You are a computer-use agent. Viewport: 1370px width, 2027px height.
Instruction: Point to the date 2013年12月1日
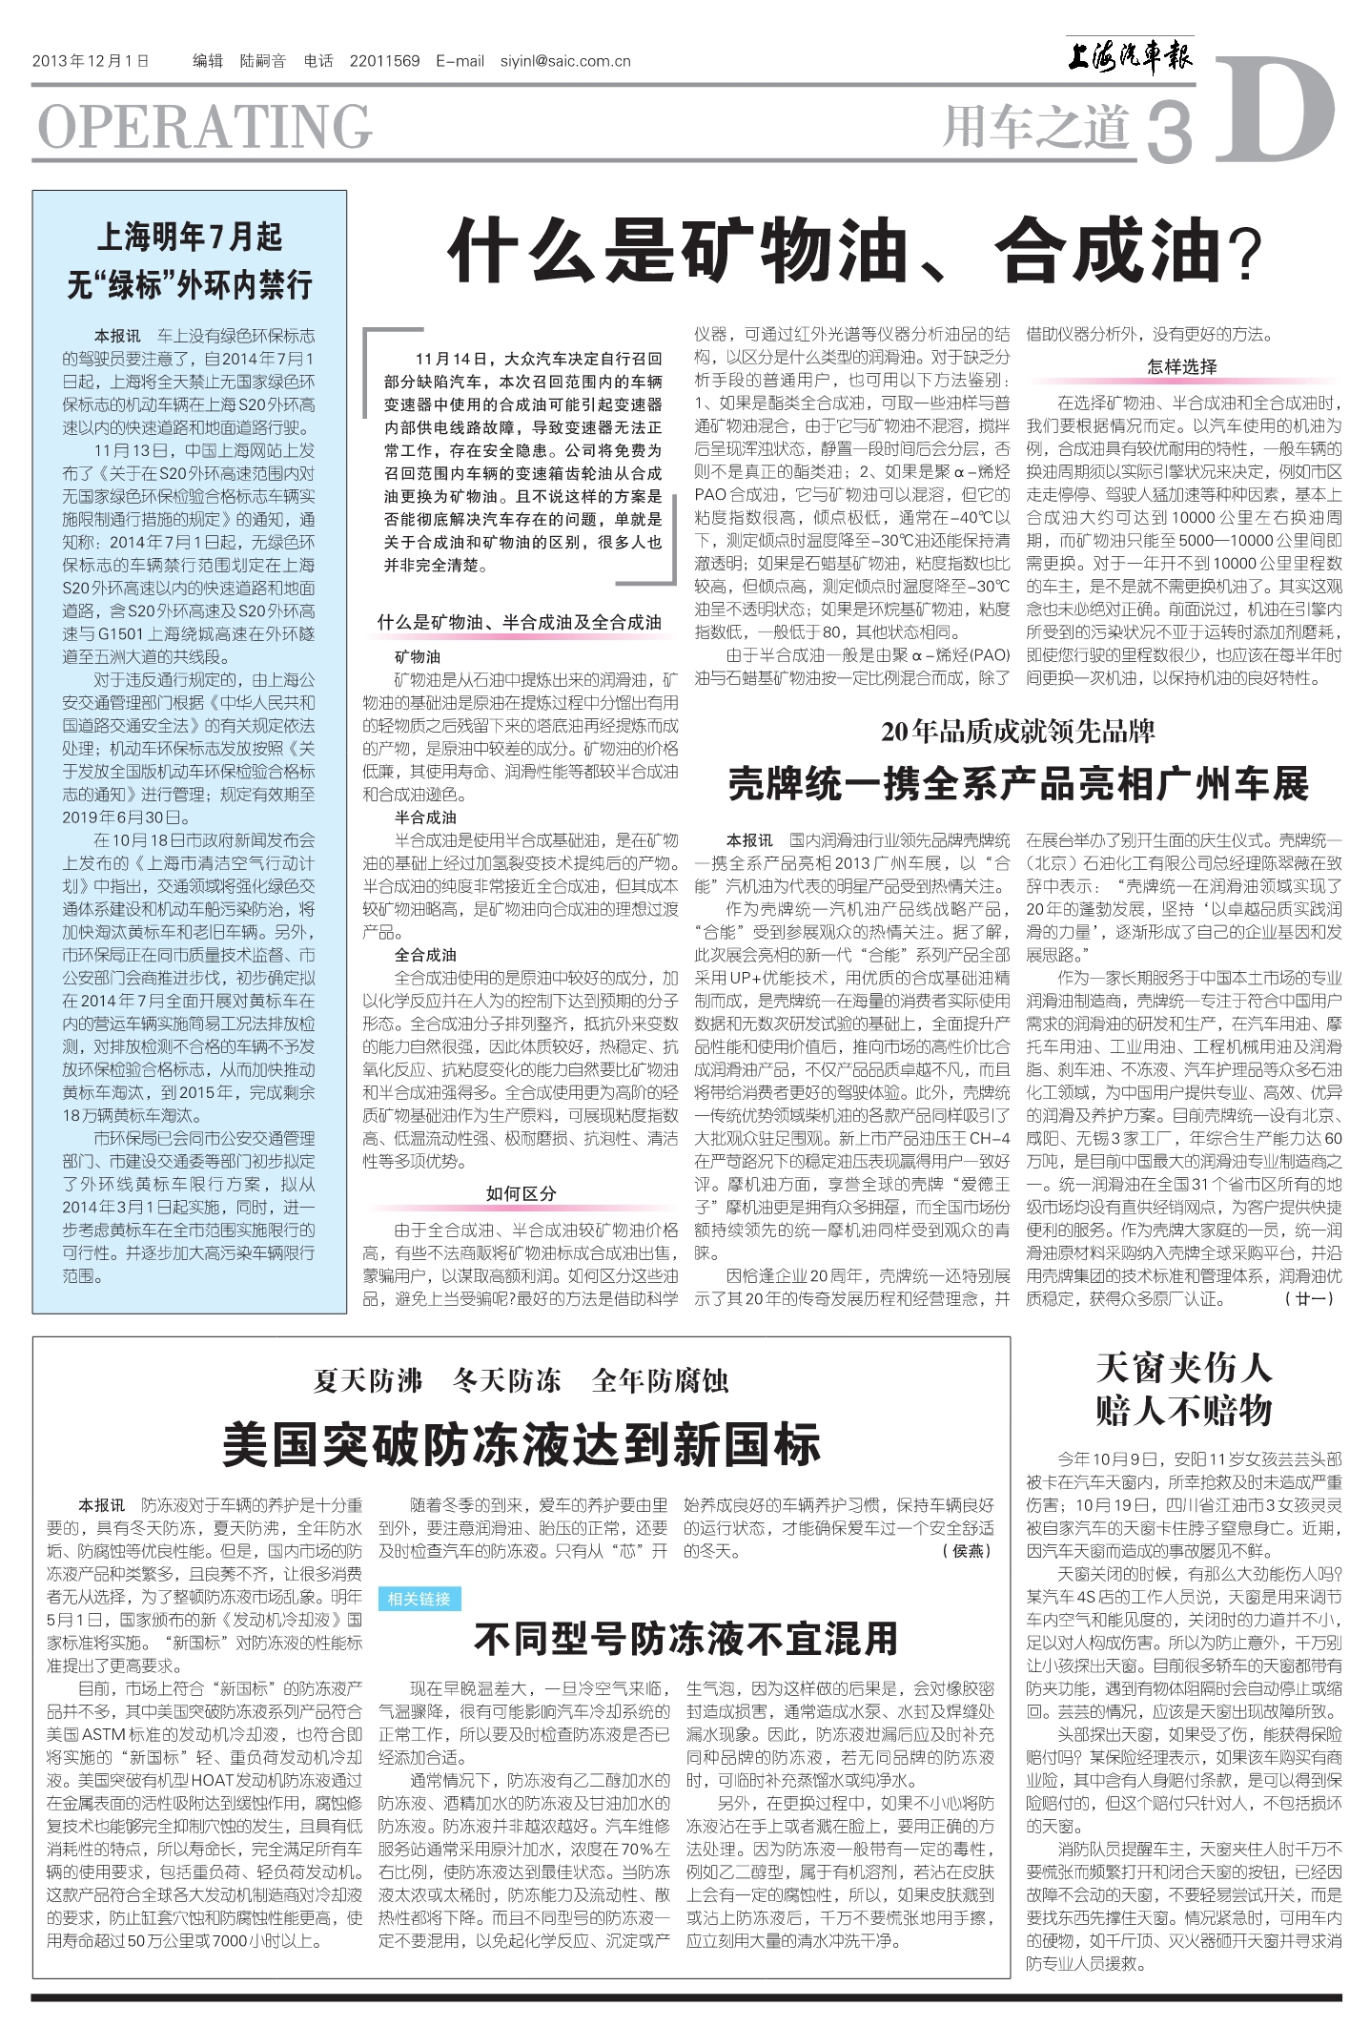coord(92,61)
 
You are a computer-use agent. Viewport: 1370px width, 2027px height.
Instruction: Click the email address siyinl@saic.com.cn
coord(565,61)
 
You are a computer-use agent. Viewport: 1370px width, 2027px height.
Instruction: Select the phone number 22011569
coord(384,61)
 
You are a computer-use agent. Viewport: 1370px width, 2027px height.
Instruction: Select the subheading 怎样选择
coord(1182,366)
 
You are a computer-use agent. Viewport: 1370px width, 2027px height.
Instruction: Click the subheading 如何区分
coord(521,1193)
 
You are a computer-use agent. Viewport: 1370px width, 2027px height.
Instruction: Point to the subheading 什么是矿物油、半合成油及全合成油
coord(520,622)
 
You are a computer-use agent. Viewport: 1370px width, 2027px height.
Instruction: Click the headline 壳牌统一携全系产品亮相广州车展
coord(1018,784)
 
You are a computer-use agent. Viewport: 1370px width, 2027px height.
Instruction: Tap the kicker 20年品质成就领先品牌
coord(1017,732)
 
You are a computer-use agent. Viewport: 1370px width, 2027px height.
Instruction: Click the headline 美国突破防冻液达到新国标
coord(521,1444)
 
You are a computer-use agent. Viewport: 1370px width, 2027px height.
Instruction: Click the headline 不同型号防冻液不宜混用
coord(685,1639)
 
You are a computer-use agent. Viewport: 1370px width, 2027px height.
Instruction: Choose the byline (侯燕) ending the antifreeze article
coord(967,1551)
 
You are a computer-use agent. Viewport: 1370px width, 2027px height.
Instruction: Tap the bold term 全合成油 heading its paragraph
coord(425,955)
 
